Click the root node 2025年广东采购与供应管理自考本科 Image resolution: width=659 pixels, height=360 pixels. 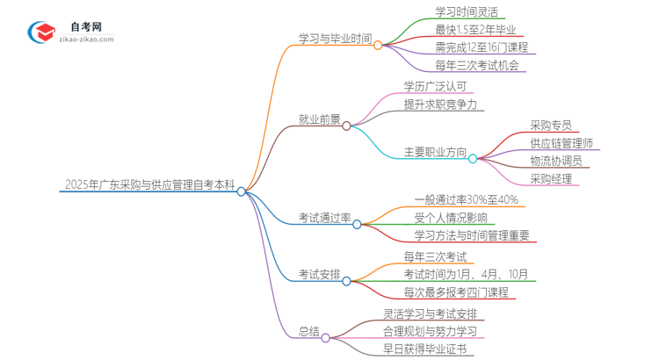click(149, 185)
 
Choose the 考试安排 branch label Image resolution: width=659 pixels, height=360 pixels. click(320, 274)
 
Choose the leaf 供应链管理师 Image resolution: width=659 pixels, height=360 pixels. click(561, 143)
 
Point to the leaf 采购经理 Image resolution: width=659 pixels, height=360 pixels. click(551, 179)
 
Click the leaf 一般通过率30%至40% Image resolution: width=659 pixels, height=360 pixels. click(466, 199)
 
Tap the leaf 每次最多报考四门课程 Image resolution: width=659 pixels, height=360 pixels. click(456, 292)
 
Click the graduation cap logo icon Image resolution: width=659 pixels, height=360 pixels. click(40, 32)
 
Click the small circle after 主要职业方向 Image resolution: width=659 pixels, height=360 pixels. click(473, 159)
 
